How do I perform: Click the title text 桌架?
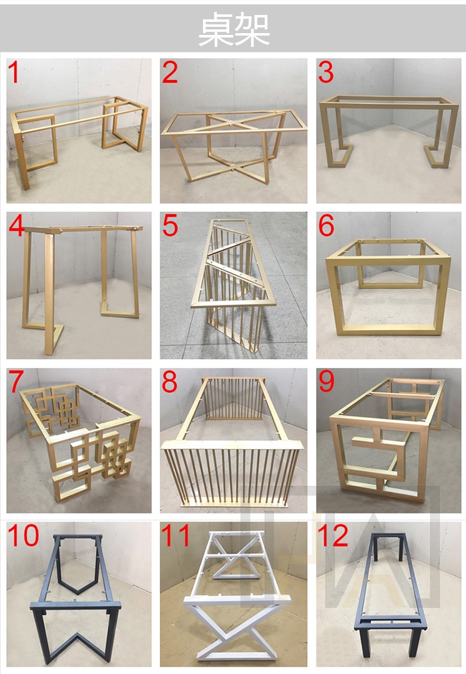coord(234,30)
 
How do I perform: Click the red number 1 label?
coord(14,73)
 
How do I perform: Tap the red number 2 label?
coord(170,73)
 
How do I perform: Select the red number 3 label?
coord(326,73)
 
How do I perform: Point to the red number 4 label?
coord(16,226)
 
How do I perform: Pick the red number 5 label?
coord(170,226)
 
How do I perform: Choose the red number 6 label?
coord(326,226)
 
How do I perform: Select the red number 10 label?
coord(24,536)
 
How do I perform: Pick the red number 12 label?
coord(333,536)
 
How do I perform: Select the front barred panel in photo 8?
coord(231,475)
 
